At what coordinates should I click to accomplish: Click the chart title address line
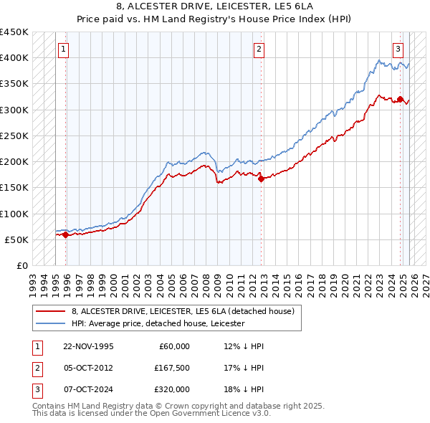coord(214,6)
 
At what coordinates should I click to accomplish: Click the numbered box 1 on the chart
coord(64,49)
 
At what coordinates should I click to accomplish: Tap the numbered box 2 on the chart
coord(259,49)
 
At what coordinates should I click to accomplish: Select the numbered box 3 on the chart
coord(398,49)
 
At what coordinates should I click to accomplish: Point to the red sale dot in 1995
coord(65,234)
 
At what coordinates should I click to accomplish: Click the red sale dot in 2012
coord(261,179)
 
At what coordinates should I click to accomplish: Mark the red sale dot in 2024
coord(400,100)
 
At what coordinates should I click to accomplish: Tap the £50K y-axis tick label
coord(17,239)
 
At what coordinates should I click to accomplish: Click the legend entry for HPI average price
coord(158,323)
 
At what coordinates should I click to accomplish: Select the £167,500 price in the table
coord(171,368)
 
